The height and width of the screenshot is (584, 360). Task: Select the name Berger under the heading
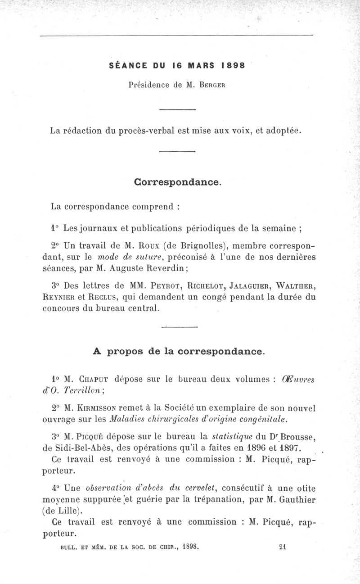213,85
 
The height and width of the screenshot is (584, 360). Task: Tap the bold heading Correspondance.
178,183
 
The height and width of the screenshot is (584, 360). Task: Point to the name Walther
294,286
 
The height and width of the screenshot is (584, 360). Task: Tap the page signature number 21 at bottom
283,547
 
